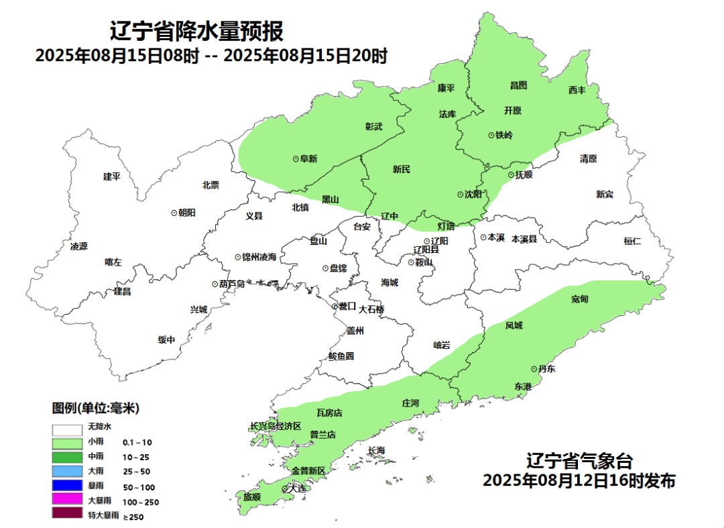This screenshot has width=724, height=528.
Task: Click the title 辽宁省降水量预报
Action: [196, 32]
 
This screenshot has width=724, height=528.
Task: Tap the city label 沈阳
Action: [473, 195]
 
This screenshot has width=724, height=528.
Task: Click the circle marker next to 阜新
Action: [295, 159]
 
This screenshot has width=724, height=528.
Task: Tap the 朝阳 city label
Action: [187, 212]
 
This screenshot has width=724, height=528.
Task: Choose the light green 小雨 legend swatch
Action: [68, 443]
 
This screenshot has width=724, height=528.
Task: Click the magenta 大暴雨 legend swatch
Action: [68, 500]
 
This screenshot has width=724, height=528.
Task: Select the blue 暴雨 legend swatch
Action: [68, 486]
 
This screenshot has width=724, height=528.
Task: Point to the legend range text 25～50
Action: [137, 472]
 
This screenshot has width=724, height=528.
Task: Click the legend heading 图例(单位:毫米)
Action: [95, 408]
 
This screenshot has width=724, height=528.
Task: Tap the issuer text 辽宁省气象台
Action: [579, 462]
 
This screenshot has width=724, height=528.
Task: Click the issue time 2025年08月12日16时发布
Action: [579, 480]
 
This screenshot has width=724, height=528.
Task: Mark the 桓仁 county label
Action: [632, 241]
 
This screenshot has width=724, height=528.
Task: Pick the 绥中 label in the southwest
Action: [166, 339]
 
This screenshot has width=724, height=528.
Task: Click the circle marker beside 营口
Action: [335, 306]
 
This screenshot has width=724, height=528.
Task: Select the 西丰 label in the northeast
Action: [577, 89]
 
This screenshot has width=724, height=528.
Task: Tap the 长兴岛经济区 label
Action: [276, 426]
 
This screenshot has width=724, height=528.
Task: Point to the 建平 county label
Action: [111, 176]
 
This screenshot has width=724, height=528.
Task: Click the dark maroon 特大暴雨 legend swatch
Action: [68, 515]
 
